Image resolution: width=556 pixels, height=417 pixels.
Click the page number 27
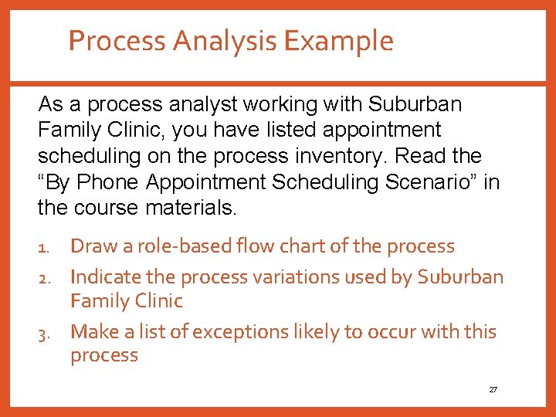(x=493, y=390)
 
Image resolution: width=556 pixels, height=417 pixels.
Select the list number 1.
(x=43, y=248)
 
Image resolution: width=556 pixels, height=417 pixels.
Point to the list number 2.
(x=43, y=278)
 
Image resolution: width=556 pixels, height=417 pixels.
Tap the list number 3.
(x=43, y=334)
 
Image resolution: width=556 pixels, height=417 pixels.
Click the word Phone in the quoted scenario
(x=107, y=182)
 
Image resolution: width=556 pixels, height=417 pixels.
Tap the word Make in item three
(x=92, y=332)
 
